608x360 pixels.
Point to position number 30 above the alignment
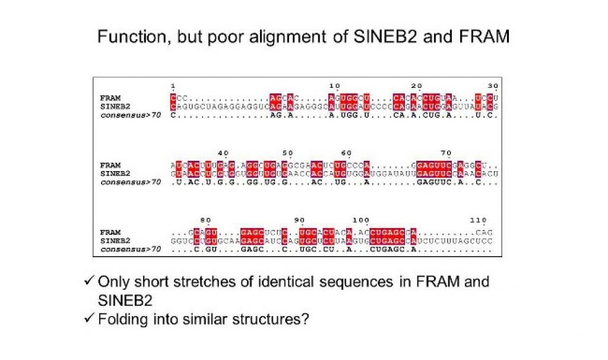493,86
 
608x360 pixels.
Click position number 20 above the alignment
417,86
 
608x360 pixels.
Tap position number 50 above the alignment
288,153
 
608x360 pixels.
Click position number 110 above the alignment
479,220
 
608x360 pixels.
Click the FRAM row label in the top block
110,97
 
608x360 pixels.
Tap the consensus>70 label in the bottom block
131,250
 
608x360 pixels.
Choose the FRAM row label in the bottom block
110,232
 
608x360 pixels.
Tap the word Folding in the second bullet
123,320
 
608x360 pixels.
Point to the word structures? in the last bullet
273,320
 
